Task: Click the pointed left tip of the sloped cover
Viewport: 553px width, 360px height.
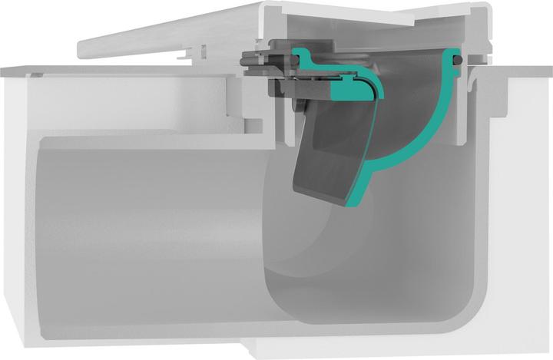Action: coord(81,53)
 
